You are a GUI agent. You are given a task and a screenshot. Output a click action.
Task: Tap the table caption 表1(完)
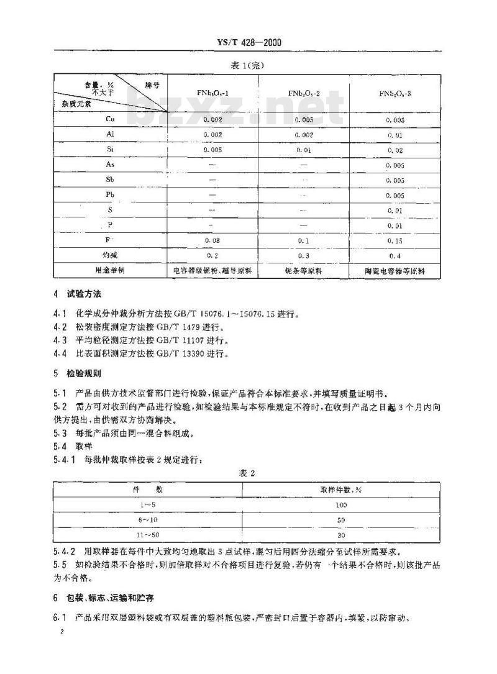248,64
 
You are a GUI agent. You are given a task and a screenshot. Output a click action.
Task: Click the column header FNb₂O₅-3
395,94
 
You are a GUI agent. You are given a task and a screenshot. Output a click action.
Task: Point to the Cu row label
110,119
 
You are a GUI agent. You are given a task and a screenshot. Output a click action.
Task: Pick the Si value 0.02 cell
395,150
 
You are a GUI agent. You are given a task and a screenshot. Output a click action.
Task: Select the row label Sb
110,180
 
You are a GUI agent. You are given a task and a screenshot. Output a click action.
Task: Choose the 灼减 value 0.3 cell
303,255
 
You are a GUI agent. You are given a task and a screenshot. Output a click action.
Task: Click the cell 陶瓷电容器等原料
395,271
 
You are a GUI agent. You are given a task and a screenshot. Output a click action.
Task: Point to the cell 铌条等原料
303,271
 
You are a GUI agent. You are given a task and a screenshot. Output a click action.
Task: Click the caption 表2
248,473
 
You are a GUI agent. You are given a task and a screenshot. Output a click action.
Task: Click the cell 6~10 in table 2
148,519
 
